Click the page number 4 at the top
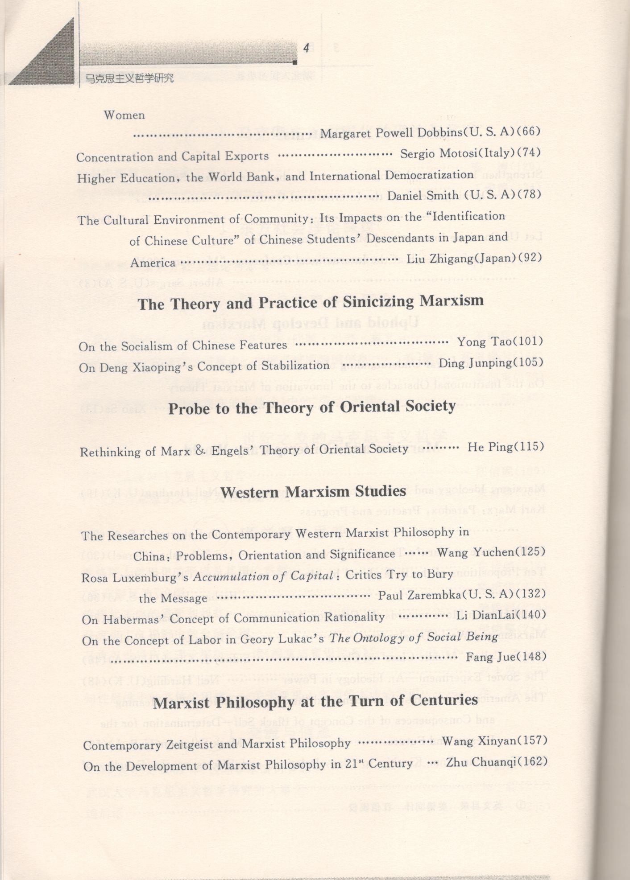(307, 48)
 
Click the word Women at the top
(124, 115)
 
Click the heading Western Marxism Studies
(313, 492)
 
